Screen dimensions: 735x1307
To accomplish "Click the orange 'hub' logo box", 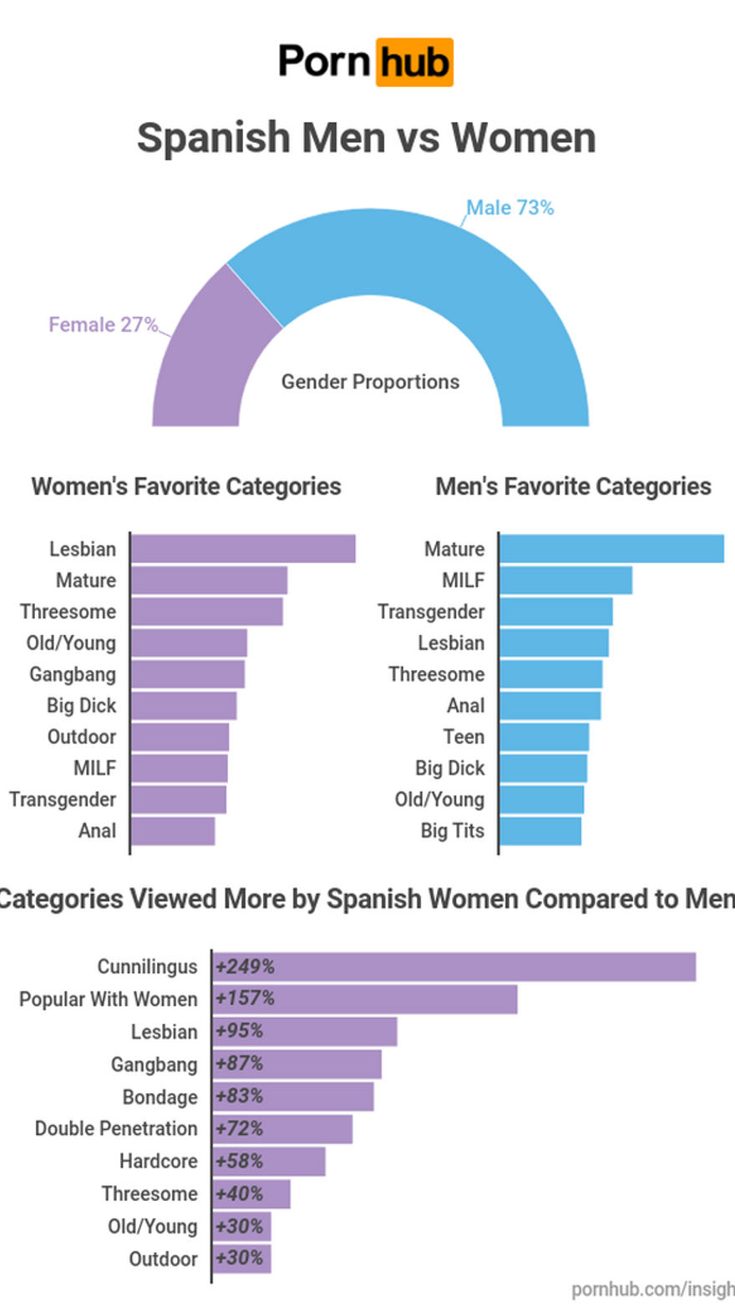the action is coord(414,62).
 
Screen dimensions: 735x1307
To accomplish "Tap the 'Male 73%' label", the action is coord(509,208).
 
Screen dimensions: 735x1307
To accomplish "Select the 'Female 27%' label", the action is coord(104,324).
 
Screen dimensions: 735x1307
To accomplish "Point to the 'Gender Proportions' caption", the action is coord(370,382).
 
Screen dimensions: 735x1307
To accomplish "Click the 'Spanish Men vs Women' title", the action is coord(367,138).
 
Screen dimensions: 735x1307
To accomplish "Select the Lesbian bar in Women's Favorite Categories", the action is coord(243,548).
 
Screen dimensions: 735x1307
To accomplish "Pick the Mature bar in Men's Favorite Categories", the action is coord(612,548).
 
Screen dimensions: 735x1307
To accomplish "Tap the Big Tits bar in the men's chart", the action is coord(540,831).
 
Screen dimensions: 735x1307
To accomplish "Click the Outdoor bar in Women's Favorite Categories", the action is coord(180,737).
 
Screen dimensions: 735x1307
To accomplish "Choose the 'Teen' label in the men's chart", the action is coord(464,737).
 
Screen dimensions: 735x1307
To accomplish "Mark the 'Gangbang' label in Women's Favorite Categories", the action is coord(73,674).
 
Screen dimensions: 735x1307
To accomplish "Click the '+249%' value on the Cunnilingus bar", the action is coord(245,967).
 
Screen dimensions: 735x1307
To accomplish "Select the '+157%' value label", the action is coord(245,999).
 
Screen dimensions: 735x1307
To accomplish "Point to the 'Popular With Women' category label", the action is coord(109,999).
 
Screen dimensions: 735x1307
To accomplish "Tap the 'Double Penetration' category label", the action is coord(116,1128).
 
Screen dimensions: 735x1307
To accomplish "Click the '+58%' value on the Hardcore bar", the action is coord(239,1161).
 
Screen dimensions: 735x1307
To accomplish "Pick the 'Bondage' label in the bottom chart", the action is coord(160,1097).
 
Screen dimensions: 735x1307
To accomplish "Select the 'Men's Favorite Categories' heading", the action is coord(574,486).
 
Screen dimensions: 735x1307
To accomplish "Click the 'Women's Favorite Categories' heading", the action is coord(186,486).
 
